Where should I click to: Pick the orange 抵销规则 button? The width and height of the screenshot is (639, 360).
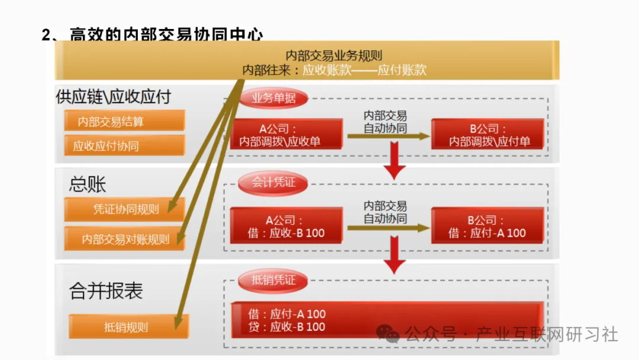(x=128, y=327)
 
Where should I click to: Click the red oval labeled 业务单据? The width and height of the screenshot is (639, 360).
(x=273, y=99)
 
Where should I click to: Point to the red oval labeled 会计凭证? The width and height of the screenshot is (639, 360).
(x=273, y=182)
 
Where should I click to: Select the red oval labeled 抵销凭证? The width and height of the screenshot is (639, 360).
(x=273, y=279)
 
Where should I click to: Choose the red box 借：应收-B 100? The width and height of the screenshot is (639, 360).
(x=287, y=226)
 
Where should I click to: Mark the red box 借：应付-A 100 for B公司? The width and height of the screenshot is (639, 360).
(x=488, y=226)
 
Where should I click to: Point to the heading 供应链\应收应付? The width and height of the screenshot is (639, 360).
(x=113, y=97)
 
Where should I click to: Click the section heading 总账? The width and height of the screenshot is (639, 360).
(x=88, y=184)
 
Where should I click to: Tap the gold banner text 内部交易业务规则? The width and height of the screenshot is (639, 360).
(x=334, y=56)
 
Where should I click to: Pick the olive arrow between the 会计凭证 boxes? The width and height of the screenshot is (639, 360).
(x=388, y=227)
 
